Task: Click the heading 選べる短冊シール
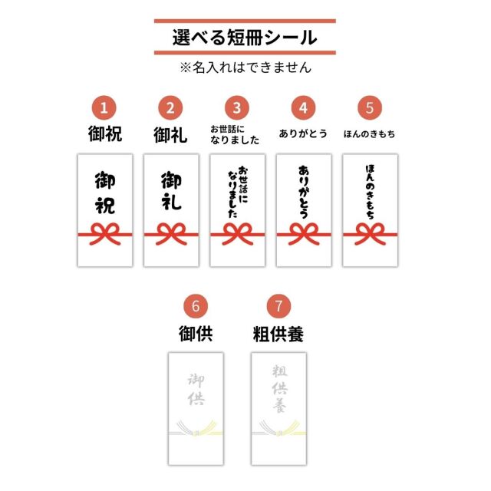tap(245, 37)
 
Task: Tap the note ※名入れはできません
tap(245, 68)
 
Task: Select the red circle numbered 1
tap(104, 107)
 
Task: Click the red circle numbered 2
tap(170, 107)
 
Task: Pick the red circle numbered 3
tap(237, 107)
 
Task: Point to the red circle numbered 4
tap(303, 107)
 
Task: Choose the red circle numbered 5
tap(369, 107)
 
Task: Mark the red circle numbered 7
tap(278, 306)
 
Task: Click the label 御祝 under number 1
tap(104, 135)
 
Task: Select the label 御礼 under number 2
tap(170, 135)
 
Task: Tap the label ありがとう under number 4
tap(303, 133)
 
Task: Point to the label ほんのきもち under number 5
tap(369, 133)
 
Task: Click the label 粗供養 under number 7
tap(278, 334)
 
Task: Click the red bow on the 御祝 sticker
tap(104, 232)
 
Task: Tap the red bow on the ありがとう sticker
tap(303, 232)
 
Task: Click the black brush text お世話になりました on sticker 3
tap(237, 192)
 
